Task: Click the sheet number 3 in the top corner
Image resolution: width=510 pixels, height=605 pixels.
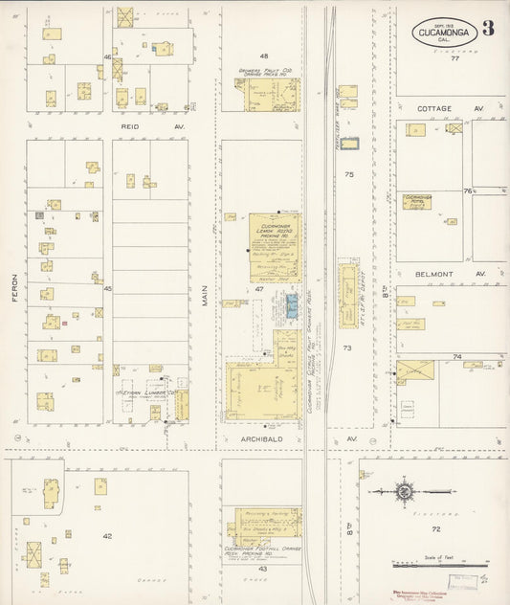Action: tap(488, 27)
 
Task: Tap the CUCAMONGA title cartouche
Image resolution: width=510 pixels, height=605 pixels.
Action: tap(442, 33)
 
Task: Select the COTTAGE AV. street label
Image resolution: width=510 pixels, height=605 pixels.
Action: tap(440, 109)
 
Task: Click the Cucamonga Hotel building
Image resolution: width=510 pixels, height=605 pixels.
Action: tap(417, 202)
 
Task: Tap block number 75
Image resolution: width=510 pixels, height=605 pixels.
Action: tap(349, 174)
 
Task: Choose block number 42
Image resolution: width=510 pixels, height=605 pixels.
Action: tap(108, 536)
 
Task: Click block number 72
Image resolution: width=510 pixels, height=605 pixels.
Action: tap(435, 528)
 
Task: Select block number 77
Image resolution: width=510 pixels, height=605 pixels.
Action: tap(455, 58)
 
